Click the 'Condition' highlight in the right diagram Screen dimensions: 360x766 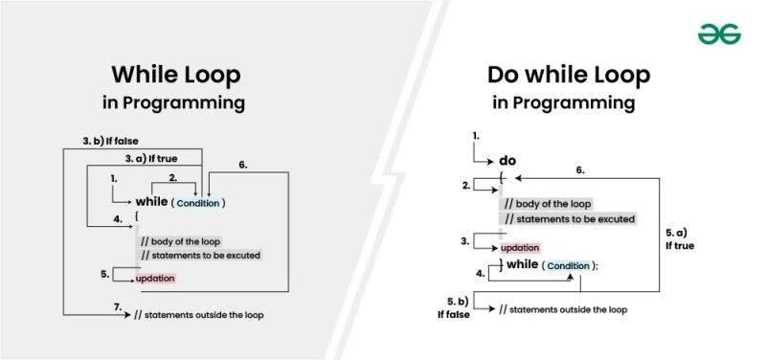568,265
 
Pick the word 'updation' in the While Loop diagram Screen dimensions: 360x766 155,278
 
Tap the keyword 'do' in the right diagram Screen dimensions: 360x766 508,161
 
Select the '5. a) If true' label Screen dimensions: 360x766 681,238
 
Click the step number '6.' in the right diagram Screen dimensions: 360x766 580,169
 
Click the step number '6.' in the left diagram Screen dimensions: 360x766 243,165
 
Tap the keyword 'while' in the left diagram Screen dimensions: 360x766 151,202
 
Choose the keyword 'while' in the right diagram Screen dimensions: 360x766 522,264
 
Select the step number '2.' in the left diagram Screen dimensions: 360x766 172,178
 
